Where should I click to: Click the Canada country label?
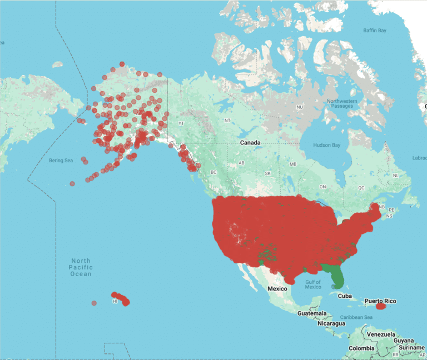[x=250, y=143]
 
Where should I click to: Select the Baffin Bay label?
[x=374, y=31]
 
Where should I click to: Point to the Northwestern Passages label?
[x=340, y=103]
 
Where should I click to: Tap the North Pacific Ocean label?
[x=81, y=267]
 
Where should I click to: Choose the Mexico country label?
[x=277, y=289]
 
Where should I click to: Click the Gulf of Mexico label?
[x=313, y=284]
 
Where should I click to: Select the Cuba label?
[x=345, y=295]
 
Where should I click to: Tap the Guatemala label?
[x=312, y=314]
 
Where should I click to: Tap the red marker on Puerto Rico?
[x=380, y=306]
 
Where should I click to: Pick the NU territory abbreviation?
[x=300, y=107]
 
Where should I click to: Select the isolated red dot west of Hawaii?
[x=94, y=303]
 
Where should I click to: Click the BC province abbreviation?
[x=212, y=172]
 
